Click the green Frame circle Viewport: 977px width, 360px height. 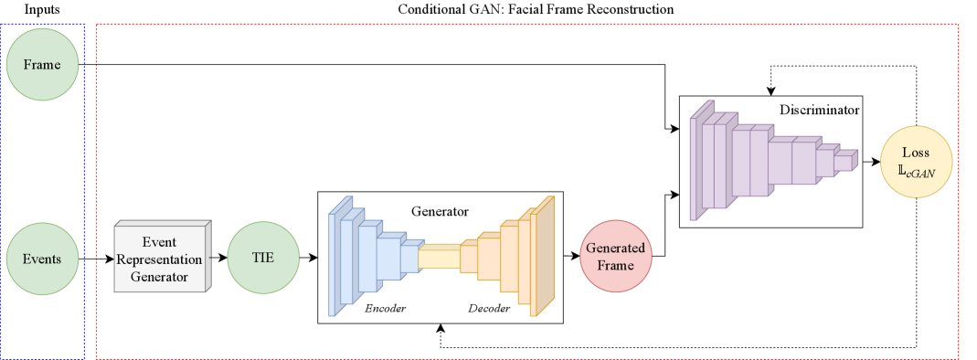(x=41, y=64)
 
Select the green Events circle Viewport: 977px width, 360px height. (x=41, y=259)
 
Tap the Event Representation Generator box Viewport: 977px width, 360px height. (x=161, y=259)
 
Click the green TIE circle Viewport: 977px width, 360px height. (x=263, y=259)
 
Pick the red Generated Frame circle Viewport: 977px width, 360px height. (x=615, y=256)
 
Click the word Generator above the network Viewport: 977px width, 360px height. (x=440, y=211)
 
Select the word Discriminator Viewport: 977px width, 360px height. (x=819, y=111)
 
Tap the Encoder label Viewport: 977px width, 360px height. (x=385, y=309)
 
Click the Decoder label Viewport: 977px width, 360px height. (x=489, y=309)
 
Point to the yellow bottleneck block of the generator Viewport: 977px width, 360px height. (x=439, y=258)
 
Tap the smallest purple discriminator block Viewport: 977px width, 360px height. (x=845, y=161)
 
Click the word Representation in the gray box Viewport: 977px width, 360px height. (x=159, y=259)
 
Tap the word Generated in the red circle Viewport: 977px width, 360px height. (x=615, y=249)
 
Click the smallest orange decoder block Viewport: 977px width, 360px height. (x=469, y=258)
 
